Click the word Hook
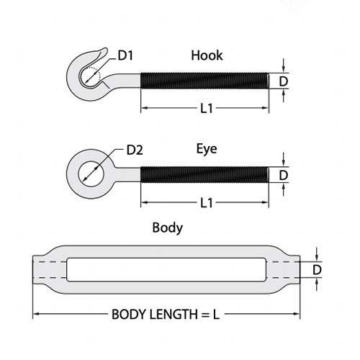(x=207, y=55)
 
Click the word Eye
(x=207, y=149)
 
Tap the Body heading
(x=168, y=228)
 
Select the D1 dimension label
(x=125, y=55)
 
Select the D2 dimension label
(x=135, y=150)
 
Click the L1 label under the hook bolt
(x=207, y=109)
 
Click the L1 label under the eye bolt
(x=207, y=203)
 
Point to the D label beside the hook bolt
(x=284, y=81)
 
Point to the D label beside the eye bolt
(x=284, y=175)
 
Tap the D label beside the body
(x=317, y=270)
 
